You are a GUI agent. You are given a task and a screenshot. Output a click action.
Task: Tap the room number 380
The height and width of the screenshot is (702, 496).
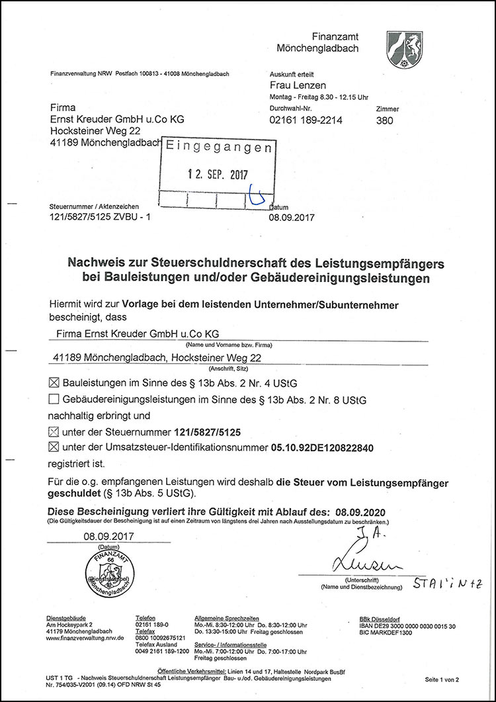[384, 120]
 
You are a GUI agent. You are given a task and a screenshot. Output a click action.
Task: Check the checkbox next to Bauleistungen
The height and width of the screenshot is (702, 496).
[54, 382]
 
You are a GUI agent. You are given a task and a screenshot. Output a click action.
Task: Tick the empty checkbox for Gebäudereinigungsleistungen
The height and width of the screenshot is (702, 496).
[54, 399]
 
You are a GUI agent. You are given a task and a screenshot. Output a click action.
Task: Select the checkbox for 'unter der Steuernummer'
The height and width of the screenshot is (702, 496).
[54, 432]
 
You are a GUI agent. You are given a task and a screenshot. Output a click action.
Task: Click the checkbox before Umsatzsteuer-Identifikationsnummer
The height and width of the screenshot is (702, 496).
[54, 448]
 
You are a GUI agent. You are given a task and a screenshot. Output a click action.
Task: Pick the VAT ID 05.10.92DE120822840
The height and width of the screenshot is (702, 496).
[322, 448]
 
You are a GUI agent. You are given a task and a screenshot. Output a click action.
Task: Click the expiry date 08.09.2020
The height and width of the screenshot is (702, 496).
[360, 512]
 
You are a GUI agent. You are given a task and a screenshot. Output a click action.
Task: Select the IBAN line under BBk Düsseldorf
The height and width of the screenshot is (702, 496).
[407, 626]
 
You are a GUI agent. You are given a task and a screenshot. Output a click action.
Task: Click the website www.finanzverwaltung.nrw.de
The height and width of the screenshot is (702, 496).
[85, 638]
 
